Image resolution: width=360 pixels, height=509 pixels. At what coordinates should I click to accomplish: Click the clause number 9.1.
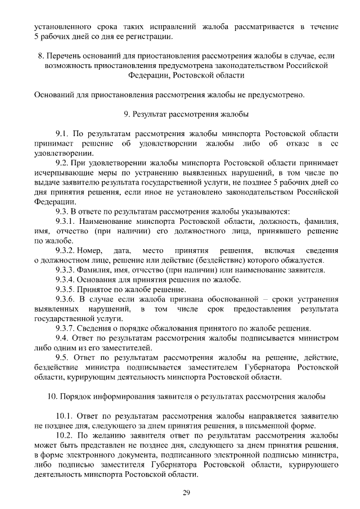pos(62,134)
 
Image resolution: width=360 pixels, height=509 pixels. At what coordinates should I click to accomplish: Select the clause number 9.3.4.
pos(66,280)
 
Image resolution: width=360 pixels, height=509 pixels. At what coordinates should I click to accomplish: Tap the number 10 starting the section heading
pos(51,396)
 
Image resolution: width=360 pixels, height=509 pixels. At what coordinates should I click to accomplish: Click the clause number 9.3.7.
pos(66,328)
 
